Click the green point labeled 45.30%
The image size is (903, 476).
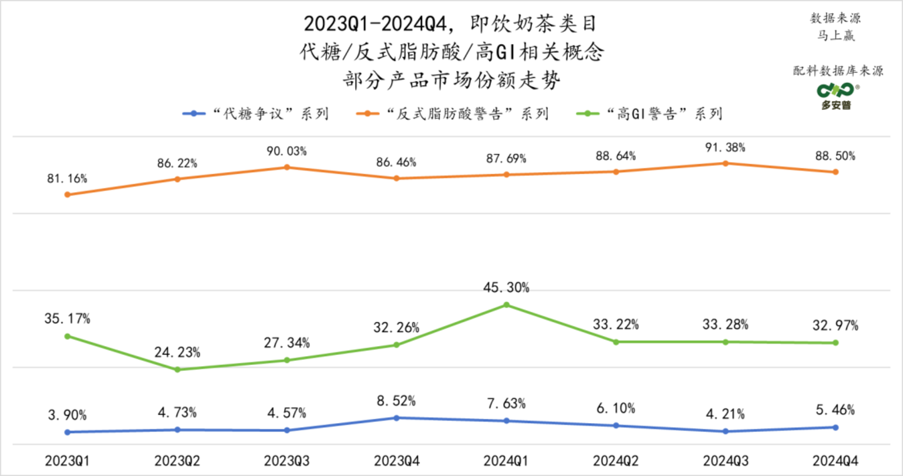click(506, 305)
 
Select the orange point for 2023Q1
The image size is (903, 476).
click(67, 195)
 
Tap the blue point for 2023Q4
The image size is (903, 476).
click(396, 418)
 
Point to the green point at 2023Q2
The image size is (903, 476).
click(178, 369)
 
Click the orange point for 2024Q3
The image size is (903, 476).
click(725, 163)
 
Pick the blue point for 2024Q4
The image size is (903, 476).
click(835, 427)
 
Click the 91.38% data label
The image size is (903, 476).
click(725, 148)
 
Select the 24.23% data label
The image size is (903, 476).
click(178, 352)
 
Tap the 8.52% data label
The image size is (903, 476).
click(396, 401)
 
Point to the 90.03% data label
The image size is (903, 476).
click(287, 152)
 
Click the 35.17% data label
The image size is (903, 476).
click(68, 318)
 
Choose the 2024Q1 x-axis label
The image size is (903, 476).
click(505, 461)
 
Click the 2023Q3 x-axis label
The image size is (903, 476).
click(286, 461)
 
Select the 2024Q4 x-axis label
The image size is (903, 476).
click(835, 461)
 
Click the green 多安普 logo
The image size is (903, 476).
click(836, 95)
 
